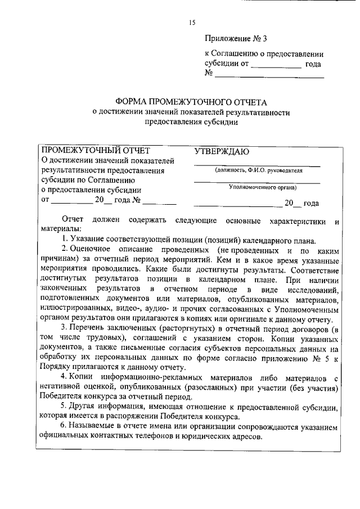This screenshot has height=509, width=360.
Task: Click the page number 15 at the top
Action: (x=192, y=22)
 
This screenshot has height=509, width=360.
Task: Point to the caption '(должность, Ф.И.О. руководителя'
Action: (x=258, y=170)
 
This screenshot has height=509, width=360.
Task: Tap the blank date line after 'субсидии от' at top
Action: (x=276, y=65)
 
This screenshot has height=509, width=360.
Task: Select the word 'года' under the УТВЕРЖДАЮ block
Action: (x=311, y=203)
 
